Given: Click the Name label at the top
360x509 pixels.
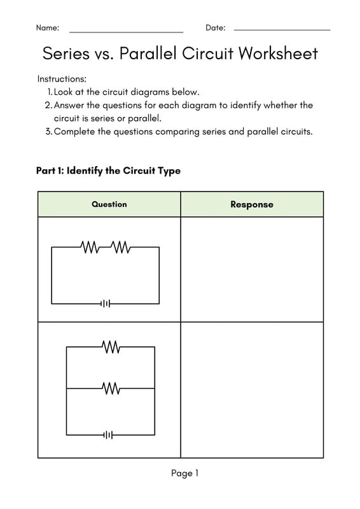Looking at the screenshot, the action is tap(47, 28).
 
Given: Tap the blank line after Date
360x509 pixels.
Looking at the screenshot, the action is tap(282, 30).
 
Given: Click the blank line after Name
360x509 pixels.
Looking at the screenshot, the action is tap(126, 31).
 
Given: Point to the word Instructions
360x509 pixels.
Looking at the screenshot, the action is tap(62, 79).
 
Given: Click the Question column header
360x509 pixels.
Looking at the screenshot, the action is tap(109, 204).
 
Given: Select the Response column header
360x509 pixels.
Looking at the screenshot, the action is tap(252, 204).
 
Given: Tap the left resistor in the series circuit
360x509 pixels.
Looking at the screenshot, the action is tap(90, 248).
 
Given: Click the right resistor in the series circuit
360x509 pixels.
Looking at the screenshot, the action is tap(121, 248).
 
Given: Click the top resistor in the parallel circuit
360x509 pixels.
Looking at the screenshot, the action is tap(111, 347).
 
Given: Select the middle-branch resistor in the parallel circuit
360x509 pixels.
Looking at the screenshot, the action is tap(111, 387).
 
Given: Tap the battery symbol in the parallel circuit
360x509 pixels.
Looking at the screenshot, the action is tap(109, 435).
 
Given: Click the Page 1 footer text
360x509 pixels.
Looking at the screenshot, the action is tap(184, 473).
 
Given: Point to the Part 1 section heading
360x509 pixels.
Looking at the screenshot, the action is tap(108, 171).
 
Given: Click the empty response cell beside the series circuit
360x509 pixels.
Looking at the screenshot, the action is tap(252, 270).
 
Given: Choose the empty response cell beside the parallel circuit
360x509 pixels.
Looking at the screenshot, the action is tap(252, 389).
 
